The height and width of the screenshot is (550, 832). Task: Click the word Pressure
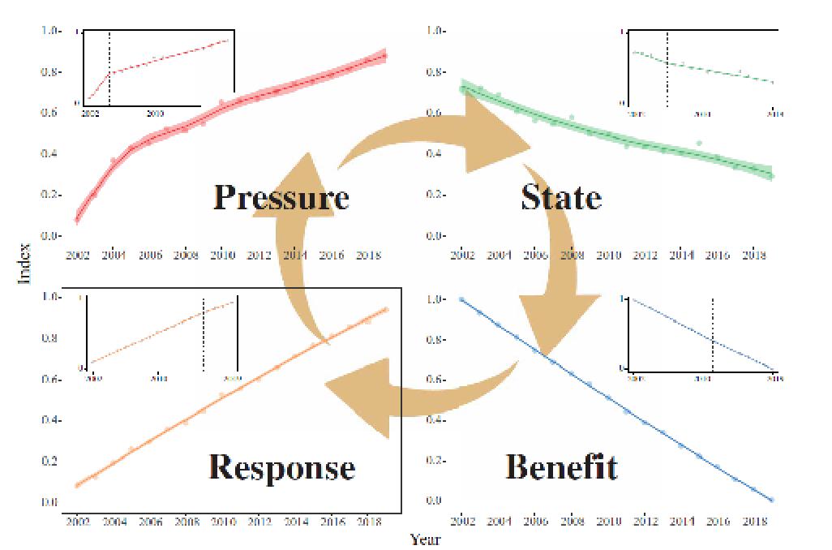(281, 197)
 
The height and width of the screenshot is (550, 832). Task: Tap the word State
(561, 197)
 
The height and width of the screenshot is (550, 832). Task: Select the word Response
(281, 467)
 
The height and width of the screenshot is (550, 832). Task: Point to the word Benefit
(561, 467)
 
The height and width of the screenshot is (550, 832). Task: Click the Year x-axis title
(426, 539)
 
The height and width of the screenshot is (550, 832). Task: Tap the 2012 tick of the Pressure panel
(259, 255)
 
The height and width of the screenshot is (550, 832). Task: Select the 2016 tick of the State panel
(717, 255)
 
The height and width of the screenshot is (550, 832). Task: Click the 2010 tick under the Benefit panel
(608, 520)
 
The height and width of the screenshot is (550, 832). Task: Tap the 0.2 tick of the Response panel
(50, 462)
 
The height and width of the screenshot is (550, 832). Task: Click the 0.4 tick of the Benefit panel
(436, 420)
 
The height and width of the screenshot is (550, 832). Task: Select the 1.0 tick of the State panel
(436, 31)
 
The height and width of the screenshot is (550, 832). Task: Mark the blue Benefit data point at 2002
(462, 299)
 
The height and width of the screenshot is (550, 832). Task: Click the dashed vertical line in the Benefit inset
(712, 333)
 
